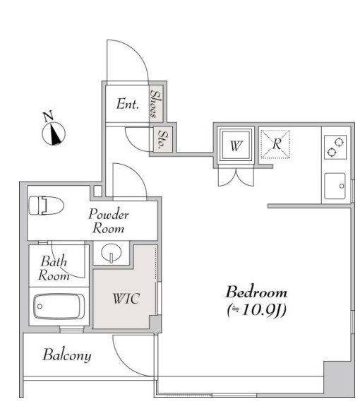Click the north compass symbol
(54, 133)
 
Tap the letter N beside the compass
(48, 116)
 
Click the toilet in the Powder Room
(47, 206)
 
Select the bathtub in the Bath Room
(59, 307)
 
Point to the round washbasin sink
(112, 252)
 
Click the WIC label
(126, 298)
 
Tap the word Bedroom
(256, 292)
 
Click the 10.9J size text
(257, 310)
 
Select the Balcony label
(67, 355)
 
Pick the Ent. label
(128, 104)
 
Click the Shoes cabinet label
(156, 104)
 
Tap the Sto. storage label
(163, 139)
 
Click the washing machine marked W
(236, 145)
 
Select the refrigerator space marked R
(275, 144)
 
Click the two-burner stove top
(335, 148)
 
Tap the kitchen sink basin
(335, 186)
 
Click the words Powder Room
(109, 221)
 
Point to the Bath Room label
(54, 268)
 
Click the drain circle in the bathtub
(40, 307)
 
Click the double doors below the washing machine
(236, 177)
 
